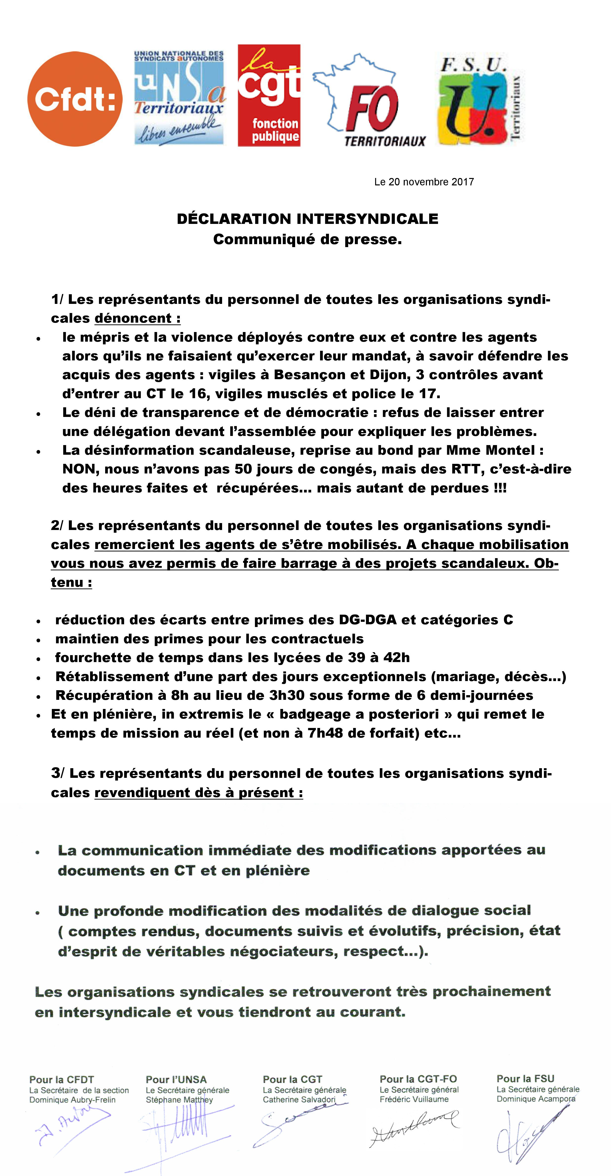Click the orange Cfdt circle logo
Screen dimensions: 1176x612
point(75,98)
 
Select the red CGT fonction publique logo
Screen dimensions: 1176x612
point(269,96)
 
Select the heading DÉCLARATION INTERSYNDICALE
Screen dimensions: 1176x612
point(307,219)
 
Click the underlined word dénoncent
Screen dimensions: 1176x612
point(137,318)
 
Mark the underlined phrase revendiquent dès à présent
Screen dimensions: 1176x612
point(198,793)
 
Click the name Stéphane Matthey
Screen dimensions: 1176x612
point(179,1100)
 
